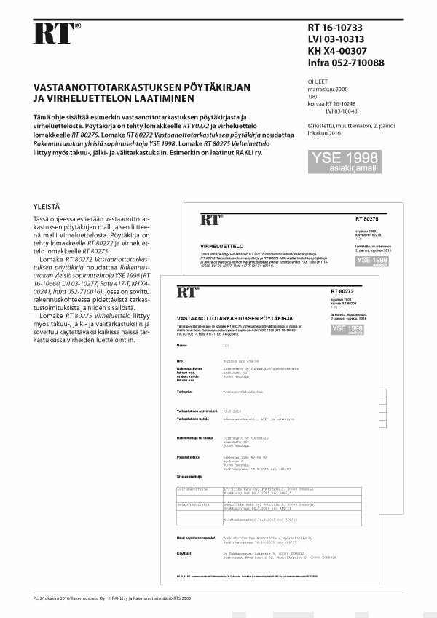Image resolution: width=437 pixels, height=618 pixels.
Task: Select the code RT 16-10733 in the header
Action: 337,28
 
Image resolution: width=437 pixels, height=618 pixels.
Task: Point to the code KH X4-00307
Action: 337,51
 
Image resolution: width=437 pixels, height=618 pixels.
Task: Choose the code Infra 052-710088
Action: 346,63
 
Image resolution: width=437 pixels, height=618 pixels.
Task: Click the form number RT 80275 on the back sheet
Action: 368,218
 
